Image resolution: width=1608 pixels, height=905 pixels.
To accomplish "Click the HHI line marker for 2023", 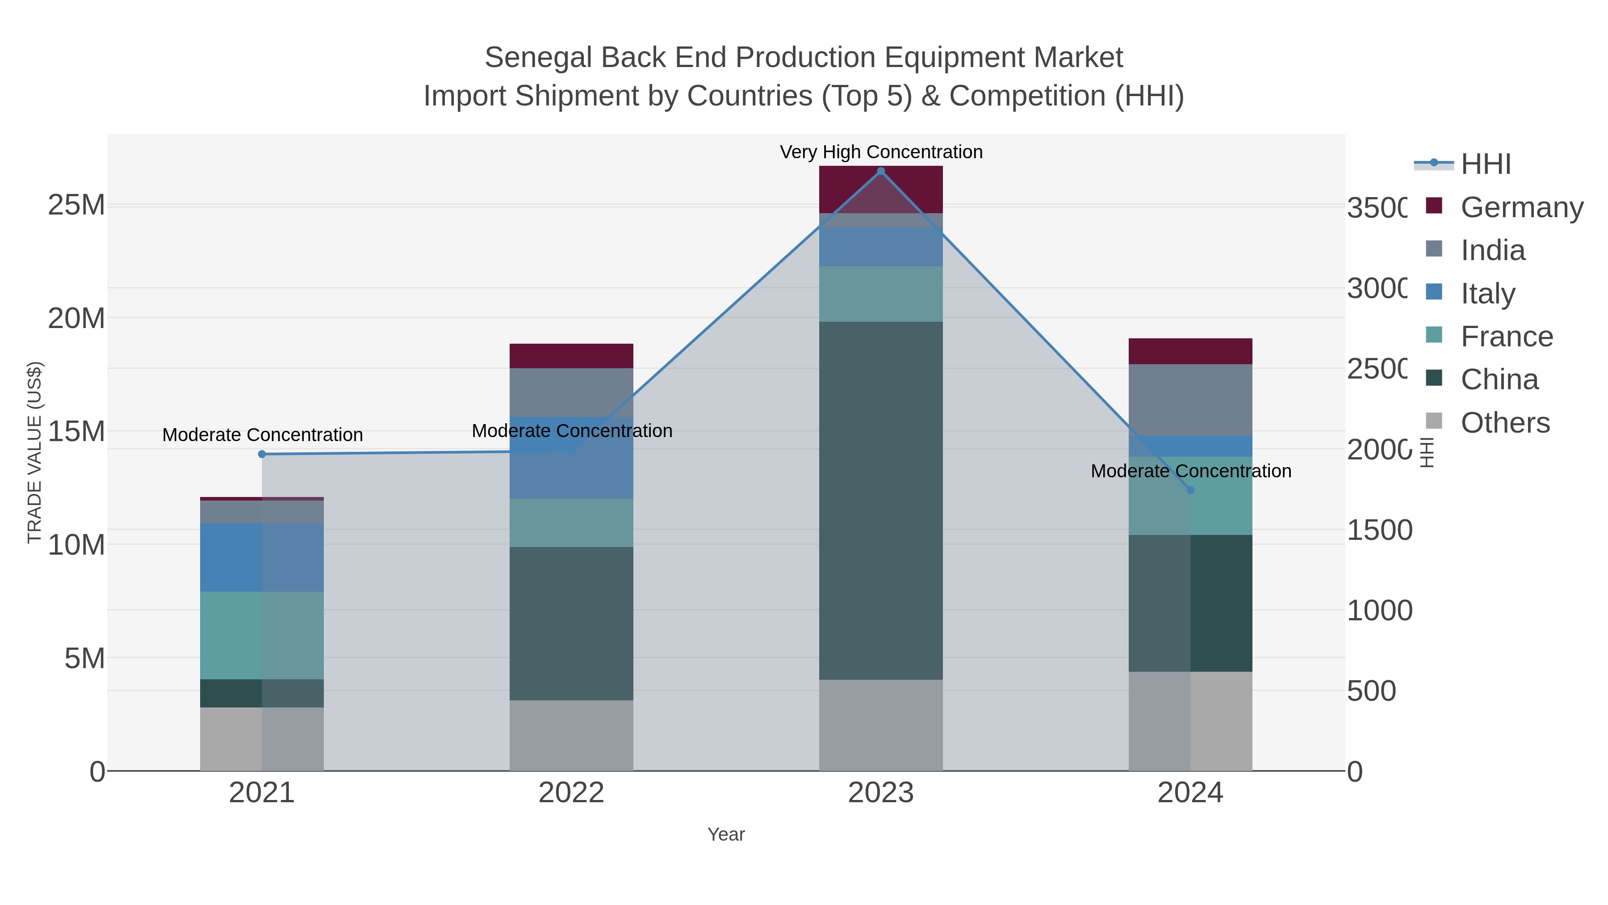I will click(x=881, y=171).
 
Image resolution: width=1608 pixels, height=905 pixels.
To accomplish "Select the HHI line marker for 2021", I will click(x=262, y=454).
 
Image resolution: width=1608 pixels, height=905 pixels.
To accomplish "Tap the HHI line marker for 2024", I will click(x=1190, y=490).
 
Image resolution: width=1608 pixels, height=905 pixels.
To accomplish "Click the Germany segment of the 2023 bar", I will click(x=881, y=189).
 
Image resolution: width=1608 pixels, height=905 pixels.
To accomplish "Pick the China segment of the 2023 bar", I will click(x=881, y=500).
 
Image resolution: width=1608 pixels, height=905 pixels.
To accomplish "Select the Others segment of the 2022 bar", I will click(x=571, y=735).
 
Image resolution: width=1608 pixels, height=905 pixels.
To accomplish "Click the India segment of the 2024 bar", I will click(x=1190, y=400).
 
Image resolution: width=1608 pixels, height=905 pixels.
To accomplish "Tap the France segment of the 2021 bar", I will click(x=262, y=635).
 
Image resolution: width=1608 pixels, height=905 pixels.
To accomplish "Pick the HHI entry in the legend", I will click(x=1485, y=164).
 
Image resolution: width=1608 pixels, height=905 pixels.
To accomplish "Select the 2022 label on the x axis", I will click(x=571, y=792).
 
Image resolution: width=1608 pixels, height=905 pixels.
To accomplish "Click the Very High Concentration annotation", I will click(x=881, y=152).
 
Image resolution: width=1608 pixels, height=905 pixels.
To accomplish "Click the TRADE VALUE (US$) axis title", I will click(x=34, y=452).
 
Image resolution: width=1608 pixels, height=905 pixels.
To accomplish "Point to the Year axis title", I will click(x=726, y=834).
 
